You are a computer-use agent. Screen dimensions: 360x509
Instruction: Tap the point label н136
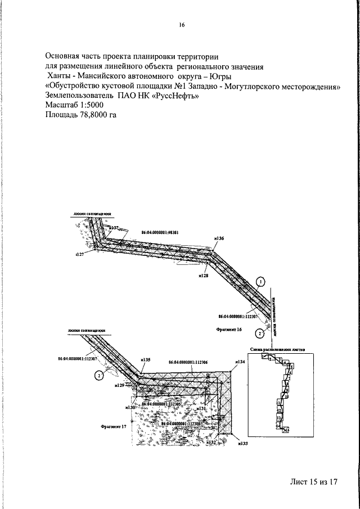[219, 239]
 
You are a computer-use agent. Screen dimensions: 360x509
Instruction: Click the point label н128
[204, 276]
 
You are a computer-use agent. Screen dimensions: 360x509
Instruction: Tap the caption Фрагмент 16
[228, 327]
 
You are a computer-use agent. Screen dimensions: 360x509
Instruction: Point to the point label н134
[240, 362]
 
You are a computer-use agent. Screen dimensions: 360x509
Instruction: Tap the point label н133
[243, 444]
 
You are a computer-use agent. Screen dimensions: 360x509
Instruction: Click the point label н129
[119, 386]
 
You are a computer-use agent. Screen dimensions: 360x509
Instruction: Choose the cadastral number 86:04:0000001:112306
[188, 363]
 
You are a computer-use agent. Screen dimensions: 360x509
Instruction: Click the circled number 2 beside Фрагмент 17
[98, 375]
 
